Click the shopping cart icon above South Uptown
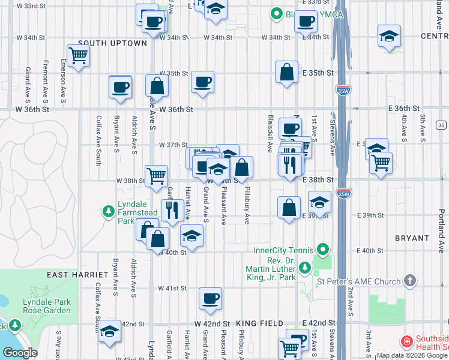(79, 56)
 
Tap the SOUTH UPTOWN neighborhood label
(112, 43)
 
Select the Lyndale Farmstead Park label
(133, 212)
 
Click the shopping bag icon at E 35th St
(288, 72)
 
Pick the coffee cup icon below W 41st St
(211, 298)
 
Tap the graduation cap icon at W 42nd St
(109, 331)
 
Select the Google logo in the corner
(20, 353)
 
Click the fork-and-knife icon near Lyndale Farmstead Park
(172, 210)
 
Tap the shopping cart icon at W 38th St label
(156, 176)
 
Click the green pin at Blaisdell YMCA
(277, 13)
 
